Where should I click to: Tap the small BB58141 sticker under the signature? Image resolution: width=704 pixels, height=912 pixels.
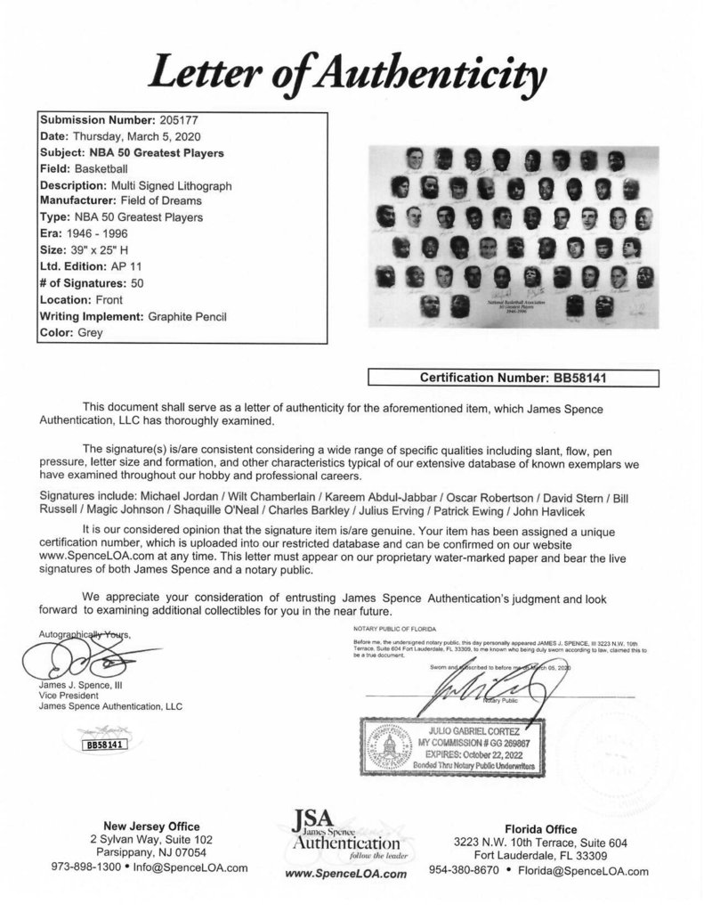click(104, 719)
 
